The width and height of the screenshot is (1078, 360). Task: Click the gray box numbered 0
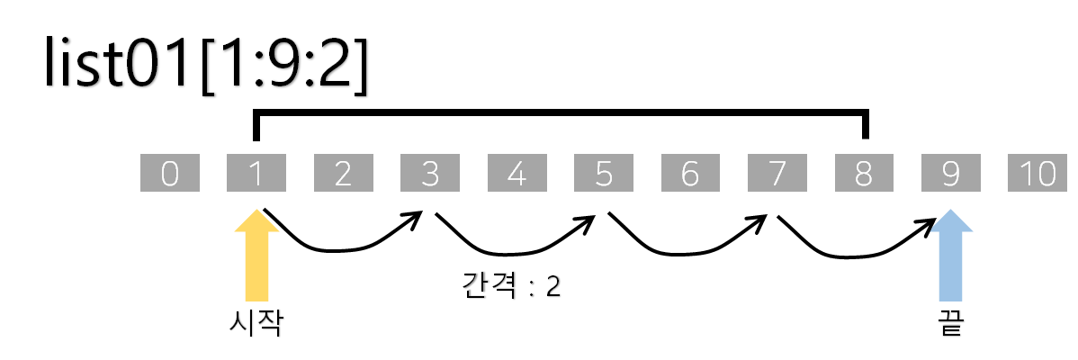(170, 174)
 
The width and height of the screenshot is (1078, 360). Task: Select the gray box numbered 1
(256, 174)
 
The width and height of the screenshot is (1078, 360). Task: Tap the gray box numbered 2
(344, 174)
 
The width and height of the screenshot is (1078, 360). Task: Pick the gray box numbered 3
(430, 174)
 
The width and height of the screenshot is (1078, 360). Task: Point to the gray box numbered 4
(517, 174)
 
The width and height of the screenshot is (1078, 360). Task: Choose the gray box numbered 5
(604, 174)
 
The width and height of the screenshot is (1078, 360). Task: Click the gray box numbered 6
(690, 174)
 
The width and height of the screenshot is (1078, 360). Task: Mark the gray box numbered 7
(777, 174)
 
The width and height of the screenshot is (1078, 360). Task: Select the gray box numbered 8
(864, 174)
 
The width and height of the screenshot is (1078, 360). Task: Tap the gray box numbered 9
(950, 174)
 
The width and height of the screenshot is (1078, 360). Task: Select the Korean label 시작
(256, 322)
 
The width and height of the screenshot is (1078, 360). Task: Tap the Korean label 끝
(950, 322)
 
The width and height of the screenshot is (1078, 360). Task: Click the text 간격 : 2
(510, 285)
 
